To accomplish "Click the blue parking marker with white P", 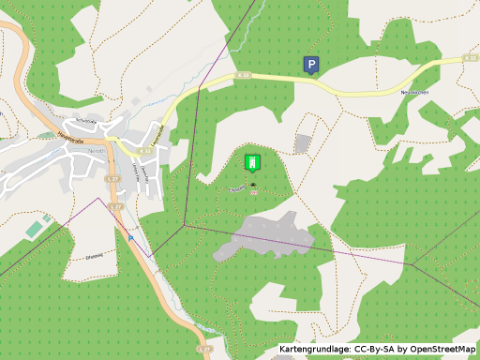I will (310, 64).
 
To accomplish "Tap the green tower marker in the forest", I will (251, 161).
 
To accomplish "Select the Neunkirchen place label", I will (414, 92).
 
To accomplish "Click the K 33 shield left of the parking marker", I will (245, 74).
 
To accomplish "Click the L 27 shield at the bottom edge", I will (204, 348).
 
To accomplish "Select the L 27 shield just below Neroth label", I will (112, 177).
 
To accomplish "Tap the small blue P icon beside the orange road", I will (131, 238).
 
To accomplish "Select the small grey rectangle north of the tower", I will (302, 143).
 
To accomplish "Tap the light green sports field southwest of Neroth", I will (36, 228).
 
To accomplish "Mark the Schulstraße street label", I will (87, 122).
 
